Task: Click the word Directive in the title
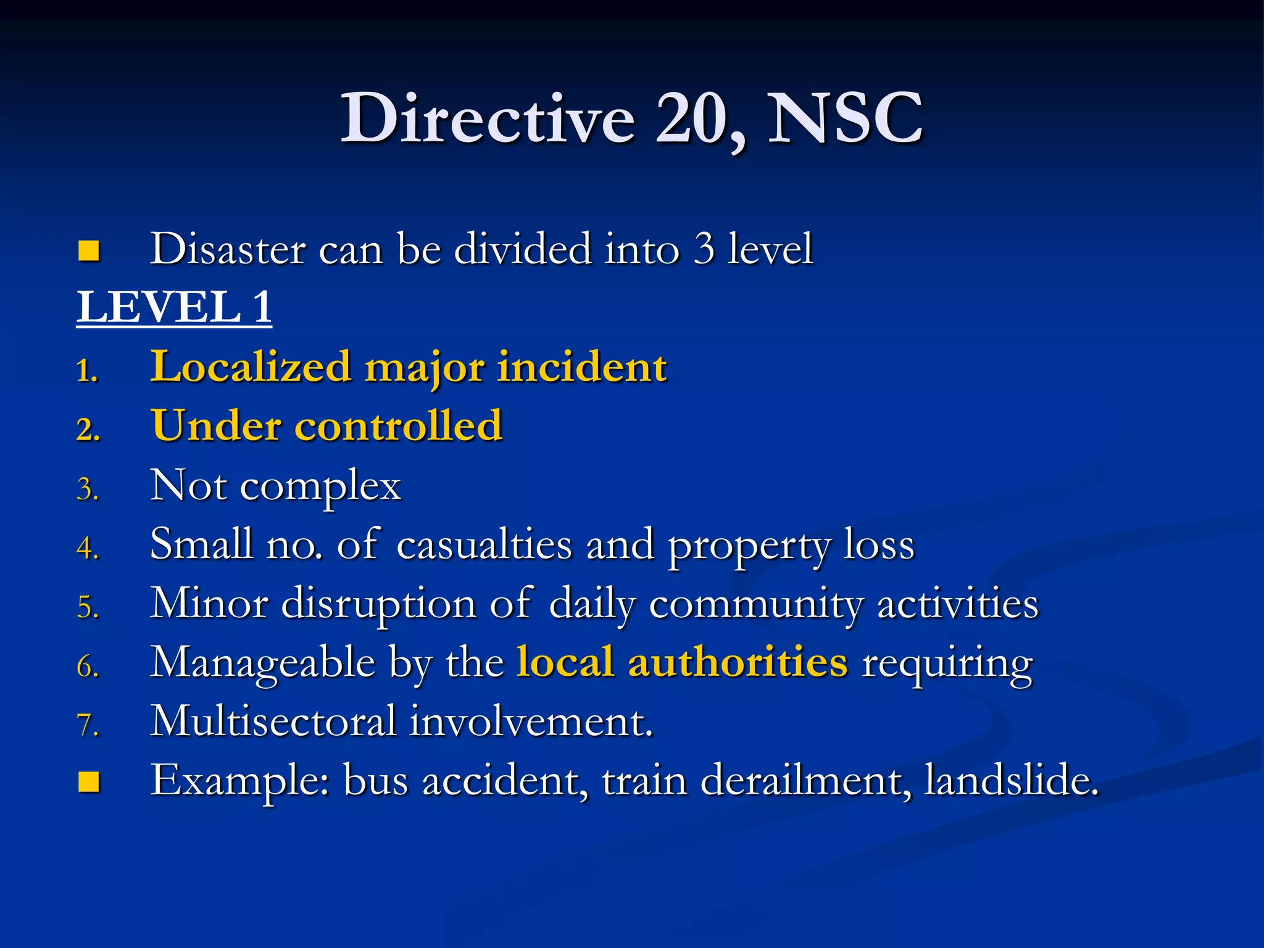tap(488, 118)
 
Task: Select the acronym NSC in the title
tap(845, 118)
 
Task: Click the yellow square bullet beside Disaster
tap(89, 251)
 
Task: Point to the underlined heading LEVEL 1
tap(174, 307)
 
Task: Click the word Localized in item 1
tap(251, 367)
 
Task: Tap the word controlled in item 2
tap(399, 426)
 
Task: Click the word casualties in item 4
tap(484, 544)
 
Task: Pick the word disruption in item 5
tap(378, 604)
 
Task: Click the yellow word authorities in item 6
tap(738, 662)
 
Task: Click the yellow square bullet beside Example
tap(89, 782)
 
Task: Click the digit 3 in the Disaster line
tap(703, 249)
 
